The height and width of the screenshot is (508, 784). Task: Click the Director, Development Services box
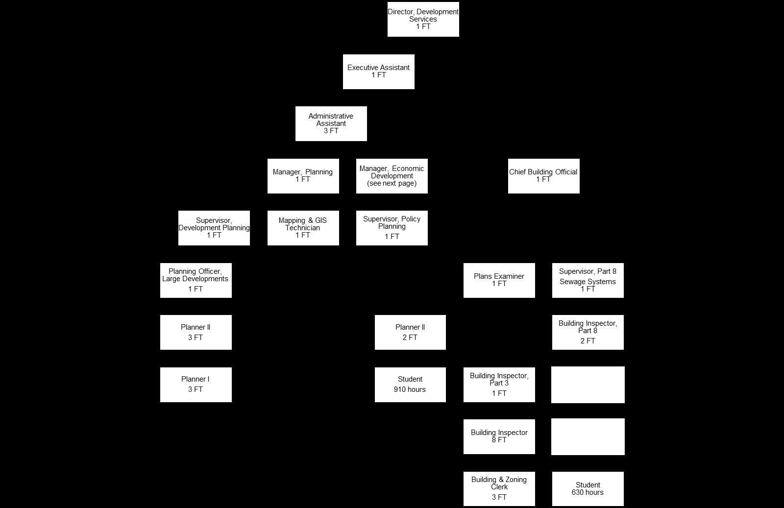[423, 19]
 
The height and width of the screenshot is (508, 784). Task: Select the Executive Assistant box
[378, 72]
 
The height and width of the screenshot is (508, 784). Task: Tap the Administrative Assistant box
[331, 123]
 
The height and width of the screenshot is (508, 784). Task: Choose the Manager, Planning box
[303, 176]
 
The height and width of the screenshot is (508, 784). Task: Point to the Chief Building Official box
[543, 176]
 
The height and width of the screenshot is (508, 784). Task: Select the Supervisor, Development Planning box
[214, 228]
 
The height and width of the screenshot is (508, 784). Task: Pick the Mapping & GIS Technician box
[303, 228]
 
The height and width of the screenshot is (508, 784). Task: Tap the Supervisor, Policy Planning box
[392, 228]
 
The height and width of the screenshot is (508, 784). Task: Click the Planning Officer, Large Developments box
[196, 280]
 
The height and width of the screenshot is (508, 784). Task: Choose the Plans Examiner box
[499, 280]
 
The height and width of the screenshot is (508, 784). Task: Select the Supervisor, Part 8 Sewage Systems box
[588, 280]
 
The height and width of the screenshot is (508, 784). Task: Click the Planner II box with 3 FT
[196, 332]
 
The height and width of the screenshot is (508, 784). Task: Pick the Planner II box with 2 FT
[410, 332]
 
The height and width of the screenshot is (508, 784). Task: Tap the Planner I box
[196, 385]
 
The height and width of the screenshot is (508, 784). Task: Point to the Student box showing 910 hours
[410, 385]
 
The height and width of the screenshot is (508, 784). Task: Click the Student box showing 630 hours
[588, 488]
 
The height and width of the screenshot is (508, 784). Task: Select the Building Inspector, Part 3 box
[499, 385]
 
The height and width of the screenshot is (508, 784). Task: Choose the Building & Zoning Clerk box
[499, 488]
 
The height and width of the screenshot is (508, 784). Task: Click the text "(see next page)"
[392, 184]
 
